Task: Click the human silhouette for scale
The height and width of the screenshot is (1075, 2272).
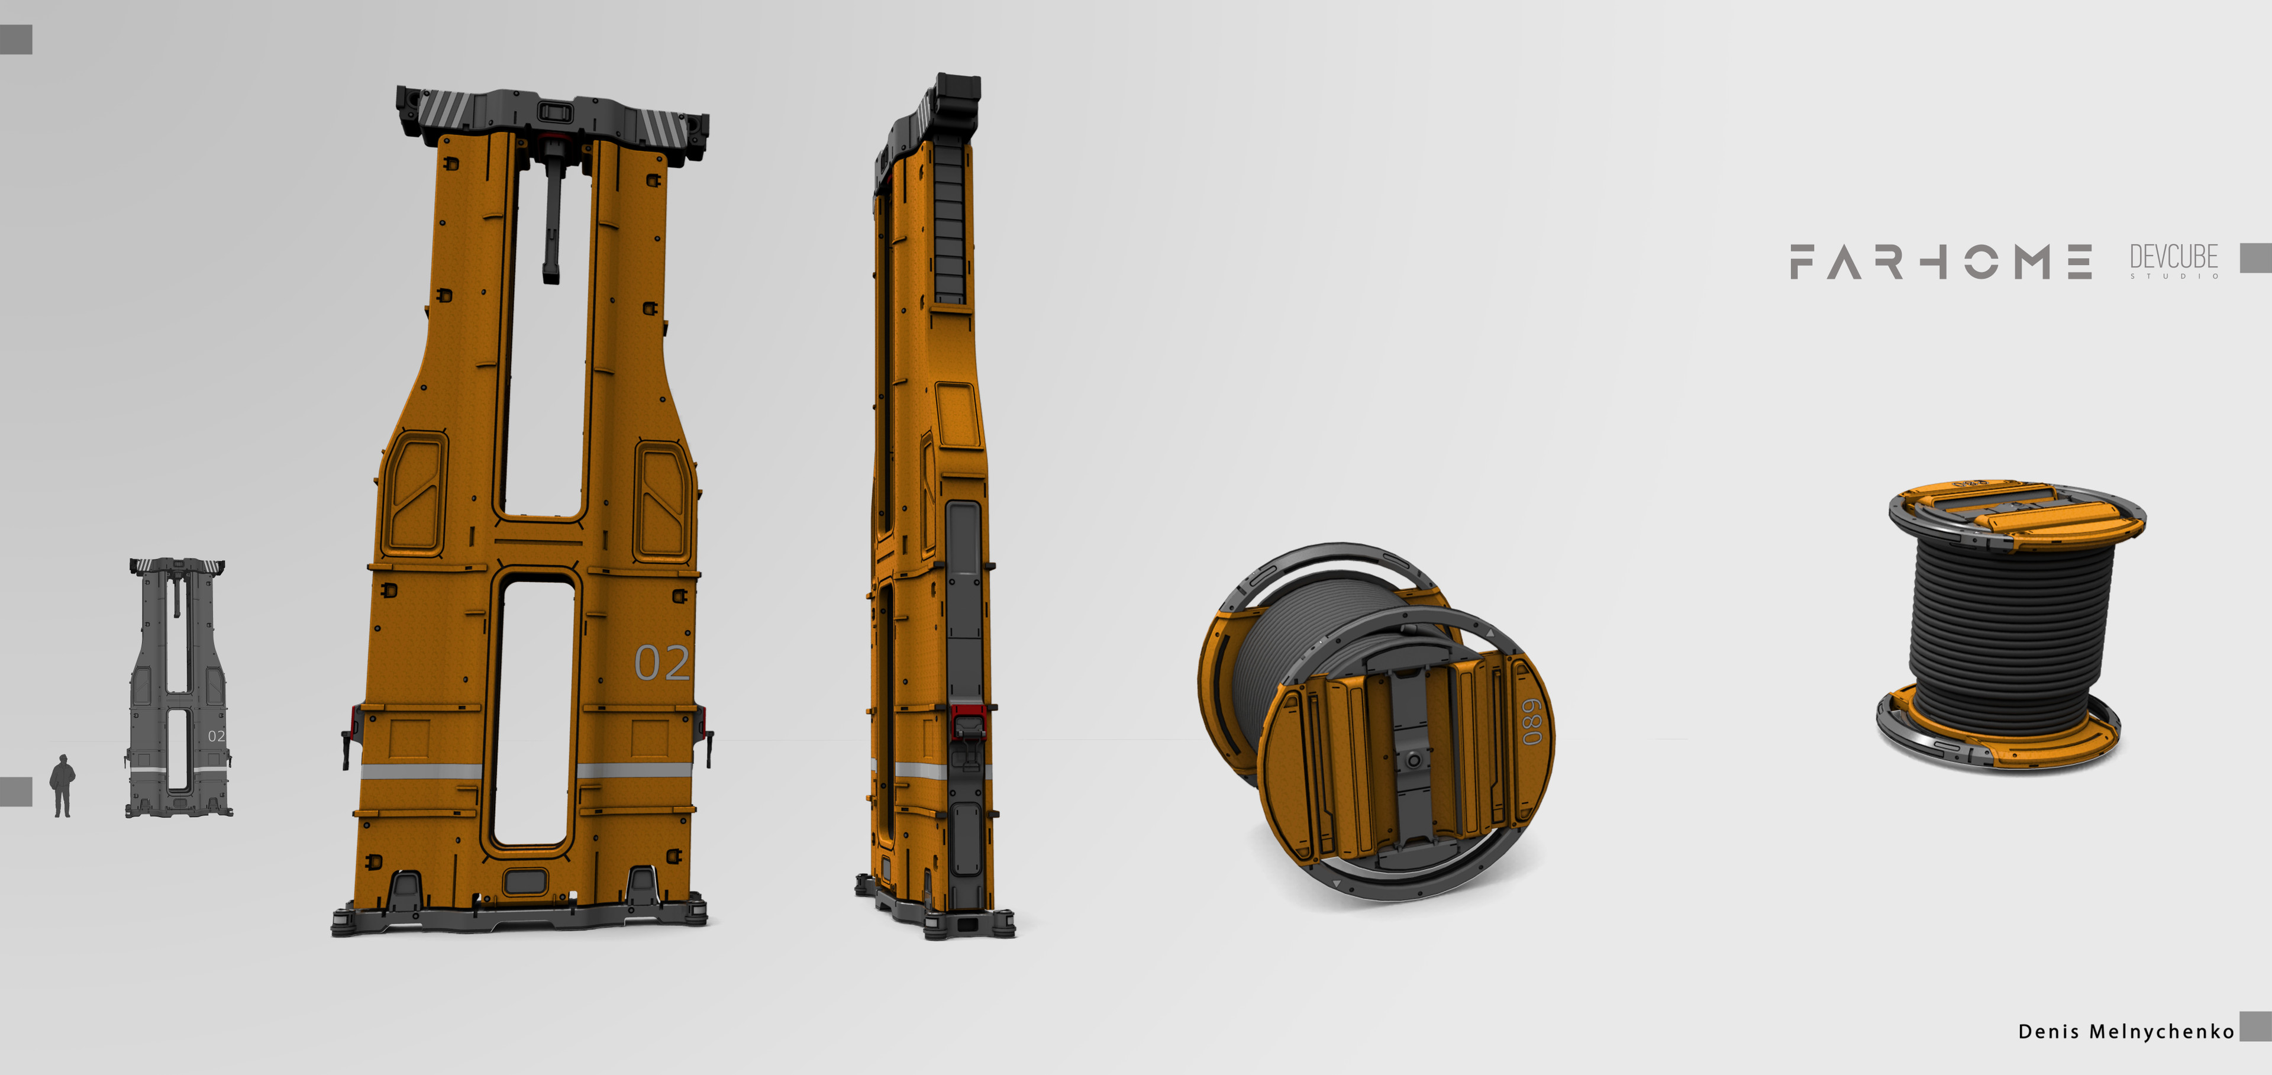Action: click(62, 786)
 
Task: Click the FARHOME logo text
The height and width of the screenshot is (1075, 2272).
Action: click(1941, 262)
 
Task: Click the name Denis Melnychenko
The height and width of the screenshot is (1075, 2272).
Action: click(2126, 1031)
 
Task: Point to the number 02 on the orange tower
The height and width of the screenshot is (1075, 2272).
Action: click(661, 662)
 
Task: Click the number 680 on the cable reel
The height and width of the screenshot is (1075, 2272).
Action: click(1531, 721)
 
